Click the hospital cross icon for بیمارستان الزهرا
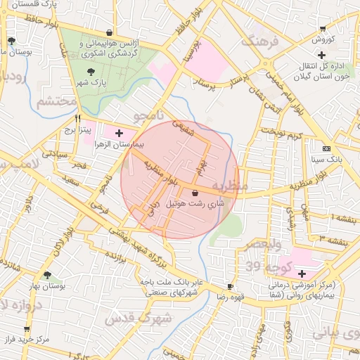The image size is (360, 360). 118,132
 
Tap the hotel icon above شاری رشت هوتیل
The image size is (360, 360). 195,192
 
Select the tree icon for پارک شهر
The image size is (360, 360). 90,71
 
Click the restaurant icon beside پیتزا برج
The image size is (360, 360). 78,118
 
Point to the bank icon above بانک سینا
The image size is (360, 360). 326,148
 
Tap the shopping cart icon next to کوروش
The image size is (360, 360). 322,29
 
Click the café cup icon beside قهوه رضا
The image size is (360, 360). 229,286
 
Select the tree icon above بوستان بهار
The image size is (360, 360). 47,275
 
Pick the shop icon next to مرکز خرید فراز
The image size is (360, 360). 27,328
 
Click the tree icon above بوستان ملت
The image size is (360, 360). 11,41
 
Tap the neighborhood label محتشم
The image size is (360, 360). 55,103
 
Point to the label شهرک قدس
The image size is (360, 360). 134,319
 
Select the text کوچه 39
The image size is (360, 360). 263,265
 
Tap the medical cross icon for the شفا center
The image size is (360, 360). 302,274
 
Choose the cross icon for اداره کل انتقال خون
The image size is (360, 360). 321,55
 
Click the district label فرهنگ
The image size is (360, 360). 259,41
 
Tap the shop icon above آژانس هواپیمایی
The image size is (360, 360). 108,32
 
